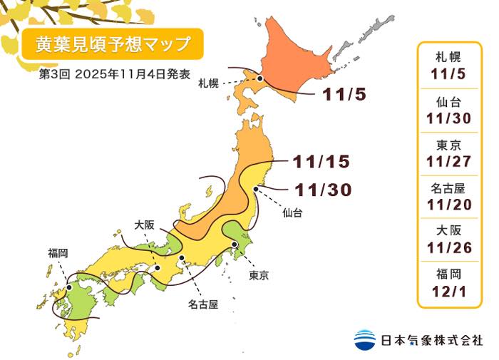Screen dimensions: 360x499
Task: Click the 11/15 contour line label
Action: pyautogui.click(x=321, y=162)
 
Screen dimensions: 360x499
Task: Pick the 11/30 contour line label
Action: pyautogui.click(x=321, y=190)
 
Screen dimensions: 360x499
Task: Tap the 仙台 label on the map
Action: pyautogui.click(x=292, y=212)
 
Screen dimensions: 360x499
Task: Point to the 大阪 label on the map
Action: pyautogui.click(x=145, y=225)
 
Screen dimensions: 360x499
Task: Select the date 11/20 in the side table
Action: pyautogui.click(x=451, y=205)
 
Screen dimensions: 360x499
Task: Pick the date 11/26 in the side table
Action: pyautogui.click(x=451, y=247)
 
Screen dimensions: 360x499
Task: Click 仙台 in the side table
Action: pyautogui.click(x=451, y=101)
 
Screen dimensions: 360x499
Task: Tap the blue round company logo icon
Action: pyautogui.click(x=364, y=339)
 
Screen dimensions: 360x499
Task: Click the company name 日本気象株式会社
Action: pyautogui.click(x=431, y=340)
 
